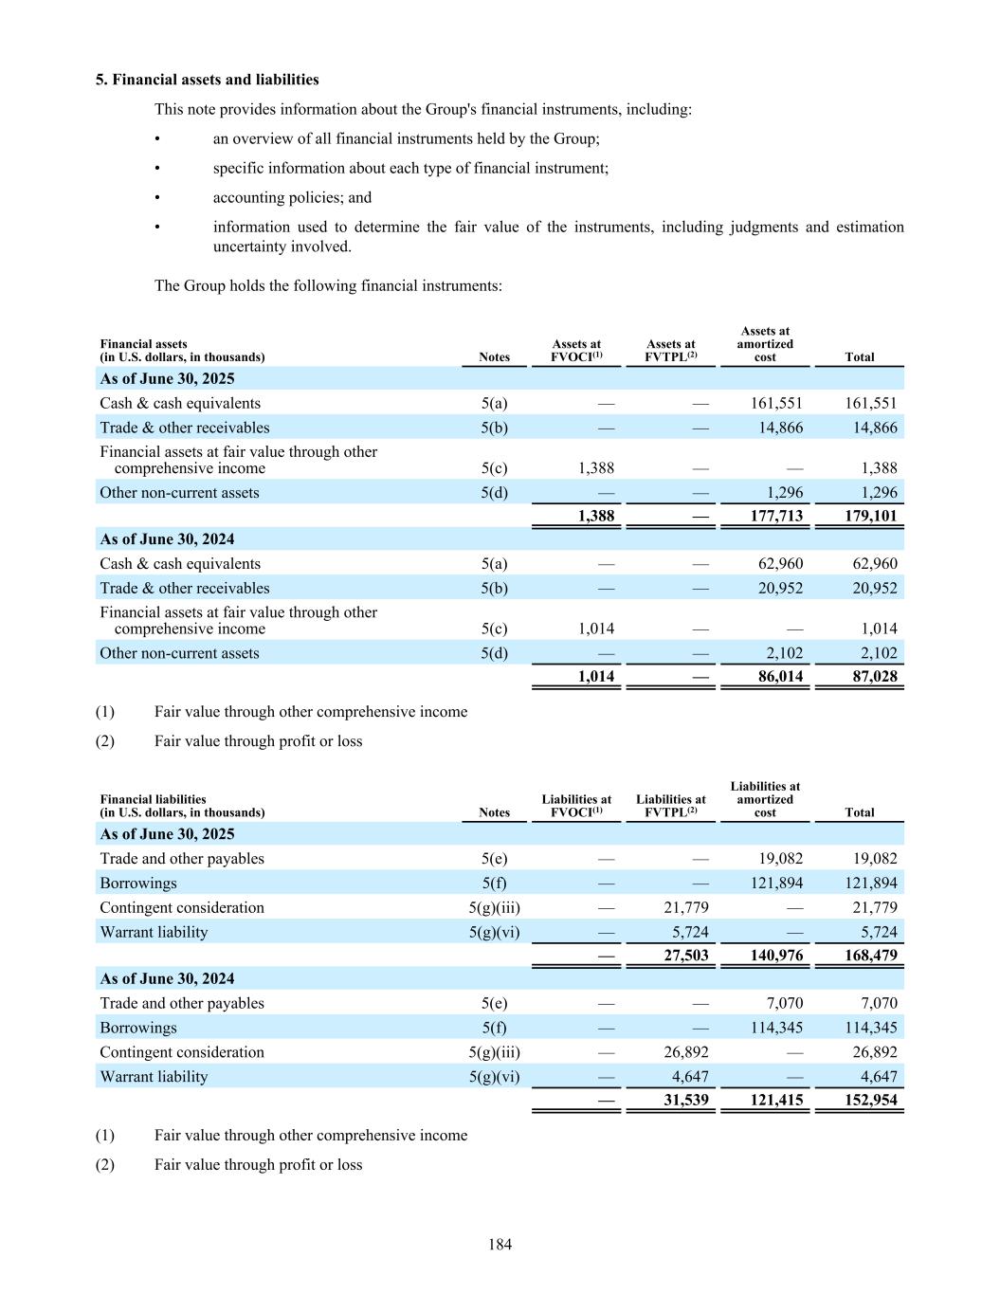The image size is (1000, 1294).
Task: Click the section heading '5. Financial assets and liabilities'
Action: [x=207, y=80]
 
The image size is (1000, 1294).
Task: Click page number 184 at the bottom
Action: [x=500, y=1244]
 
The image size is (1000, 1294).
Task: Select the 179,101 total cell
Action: [x=870, y=517]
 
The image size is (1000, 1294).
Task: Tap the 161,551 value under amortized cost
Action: [x=776, y=403]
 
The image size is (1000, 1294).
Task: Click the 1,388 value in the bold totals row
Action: [x=595, y=517]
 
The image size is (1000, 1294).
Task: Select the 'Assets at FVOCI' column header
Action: [x=576, y=351]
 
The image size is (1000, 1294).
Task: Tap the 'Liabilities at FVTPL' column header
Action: [x=671, y=806]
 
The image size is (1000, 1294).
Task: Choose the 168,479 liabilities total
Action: [x=870, y=956]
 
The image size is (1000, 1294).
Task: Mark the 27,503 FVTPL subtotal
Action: [x=685, y=956]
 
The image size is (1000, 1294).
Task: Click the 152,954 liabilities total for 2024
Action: [x=870, y=1101]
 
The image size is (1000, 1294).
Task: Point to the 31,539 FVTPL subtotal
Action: [x=685, y=1101]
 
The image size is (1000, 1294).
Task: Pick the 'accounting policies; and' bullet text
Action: [x=292, y=197]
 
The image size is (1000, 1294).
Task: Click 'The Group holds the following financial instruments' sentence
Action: [x=328, y=285]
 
